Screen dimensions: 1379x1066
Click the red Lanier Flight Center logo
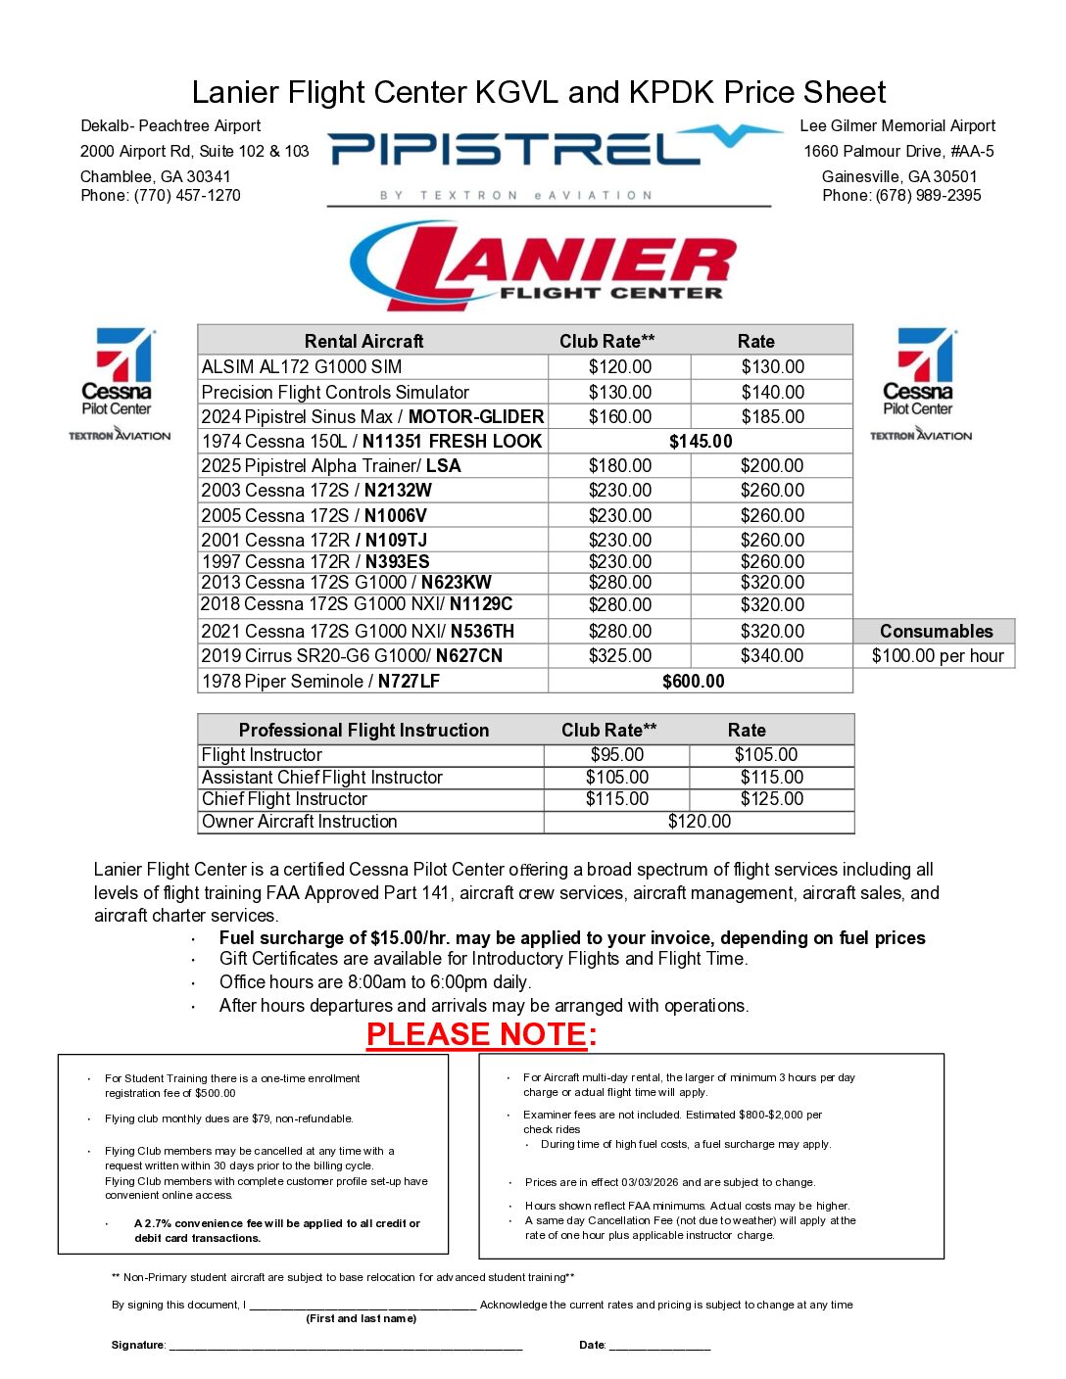tap(544, 265)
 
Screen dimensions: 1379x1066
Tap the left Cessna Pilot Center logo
tap(119, 383)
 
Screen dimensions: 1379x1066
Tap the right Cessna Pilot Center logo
tap(920, 383)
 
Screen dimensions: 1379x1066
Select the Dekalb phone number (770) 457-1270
tap(186, 196)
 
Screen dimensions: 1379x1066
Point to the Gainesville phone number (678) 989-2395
tap(928, 196)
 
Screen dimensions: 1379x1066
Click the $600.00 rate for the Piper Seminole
tap(694, 682)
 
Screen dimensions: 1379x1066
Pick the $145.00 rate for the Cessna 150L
tap(701, 442)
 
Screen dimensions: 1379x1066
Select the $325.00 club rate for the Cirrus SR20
tap(620, 656)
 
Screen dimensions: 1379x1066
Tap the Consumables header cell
tap(936, 632)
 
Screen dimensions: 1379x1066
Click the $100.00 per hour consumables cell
tap(938, 656)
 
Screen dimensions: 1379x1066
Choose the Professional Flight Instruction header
tap(363, 731)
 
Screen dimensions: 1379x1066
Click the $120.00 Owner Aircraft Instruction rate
tap(700, 822)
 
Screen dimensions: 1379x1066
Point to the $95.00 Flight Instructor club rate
tap(617, 755)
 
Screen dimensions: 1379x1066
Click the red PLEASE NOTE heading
tap(480, 1035)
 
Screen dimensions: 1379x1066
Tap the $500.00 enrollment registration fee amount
tap(216, 1093)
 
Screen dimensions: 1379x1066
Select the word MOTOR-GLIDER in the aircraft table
tap(476, 417)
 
